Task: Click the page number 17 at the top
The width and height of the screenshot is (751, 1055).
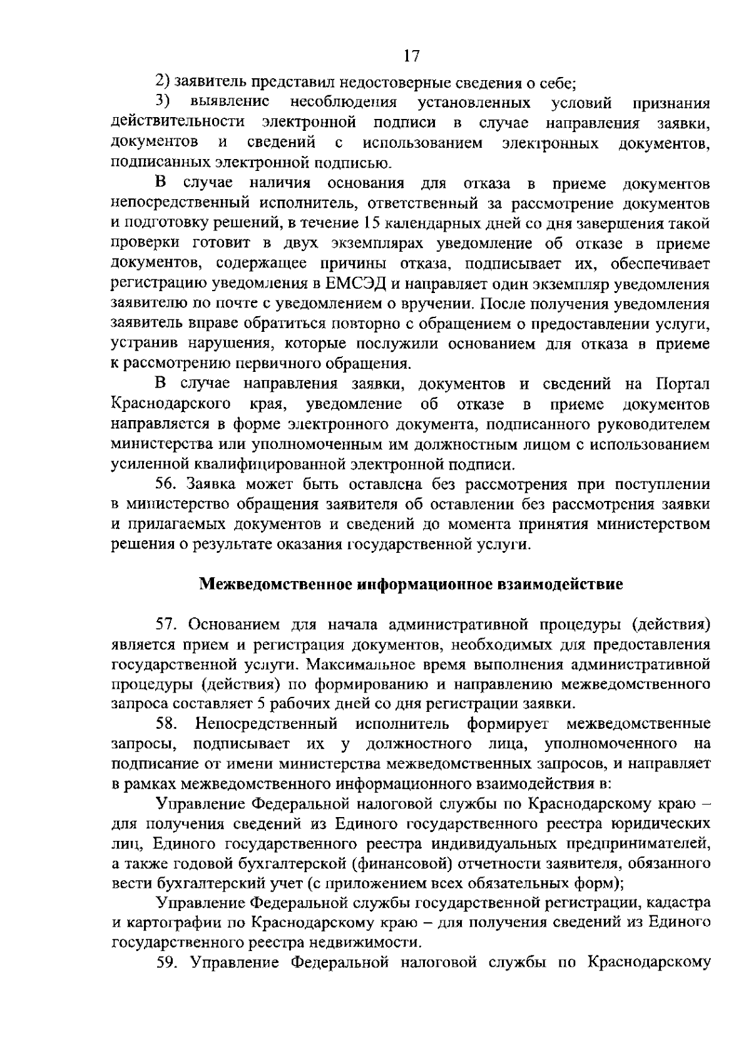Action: tap(411, 56)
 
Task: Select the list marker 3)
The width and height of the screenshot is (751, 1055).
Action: tap(163, 102)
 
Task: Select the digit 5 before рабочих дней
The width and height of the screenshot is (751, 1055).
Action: tap(262, 704)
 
